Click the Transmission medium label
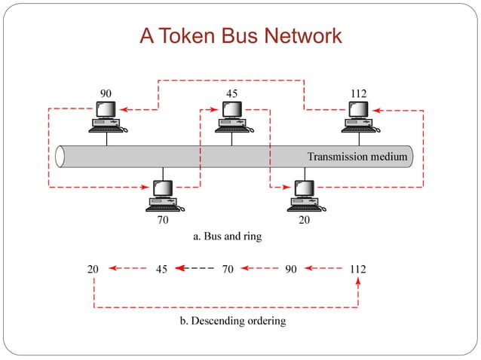357,157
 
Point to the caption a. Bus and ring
228,236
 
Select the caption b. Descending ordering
232,321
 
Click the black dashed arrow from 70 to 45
195,268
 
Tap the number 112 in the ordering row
358,268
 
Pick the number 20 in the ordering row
93,268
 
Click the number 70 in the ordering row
227,268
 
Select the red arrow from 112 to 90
326,268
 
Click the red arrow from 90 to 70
260,268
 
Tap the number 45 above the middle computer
232,93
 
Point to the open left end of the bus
60,157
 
